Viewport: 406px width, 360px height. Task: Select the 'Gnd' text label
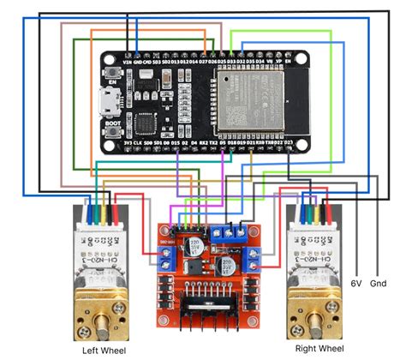coord(378,282)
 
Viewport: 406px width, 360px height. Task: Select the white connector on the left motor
coord(101,229)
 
